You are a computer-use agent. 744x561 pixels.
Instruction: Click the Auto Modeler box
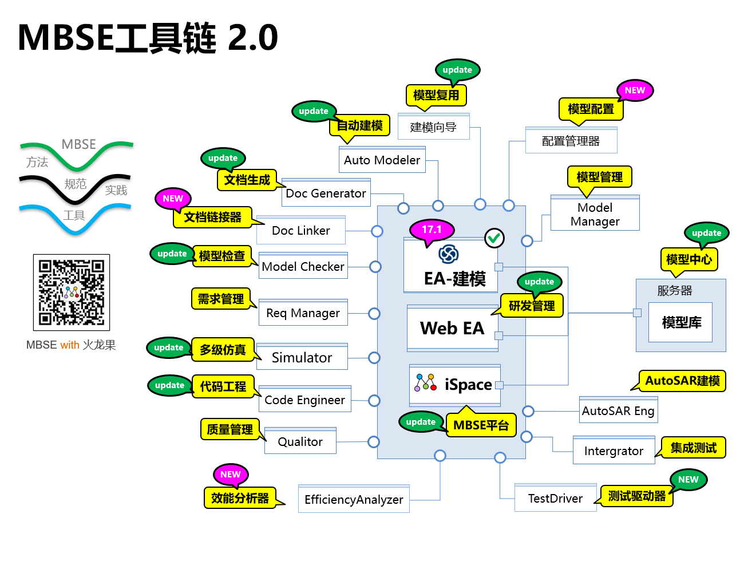click(x=382, y=160)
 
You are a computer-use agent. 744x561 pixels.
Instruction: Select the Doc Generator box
click(x=326, y=193)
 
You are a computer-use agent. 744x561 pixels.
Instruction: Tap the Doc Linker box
click(x=301, y=231)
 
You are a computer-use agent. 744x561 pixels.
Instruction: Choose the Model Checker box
click(x=303, y=267)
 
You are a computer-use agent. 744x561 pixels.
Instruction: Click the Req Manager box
click(x=303, y=313)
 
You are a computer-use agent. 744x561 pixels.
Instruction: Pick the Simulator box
click(x=302, y=358)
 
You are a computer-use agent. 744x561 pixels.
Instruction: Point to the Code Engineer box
click(x=305, y=400)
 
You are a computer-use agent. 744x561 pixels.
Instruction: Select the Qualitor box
click(x=300, y=442)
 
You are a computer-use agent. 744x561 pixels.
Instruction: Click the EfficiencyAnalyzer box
click(x=354, y=500)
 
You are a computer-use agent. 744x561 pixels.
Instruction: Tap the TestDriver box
click(x=555, y=499)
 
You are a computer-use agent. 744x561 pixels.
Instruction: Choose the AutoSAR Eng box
click(x=618, y=411)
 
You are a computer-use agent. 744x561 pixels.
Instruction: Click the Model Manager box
click(x=595, y=214)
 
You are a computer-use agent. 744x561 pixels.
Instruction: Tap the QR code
click(x=72, y=293)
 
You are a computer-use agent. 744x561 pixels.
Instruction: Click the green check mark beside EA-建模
click(x=494, y=238)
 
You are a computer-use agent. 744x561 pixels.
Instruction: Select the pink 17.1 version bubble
click(x=432, y=230)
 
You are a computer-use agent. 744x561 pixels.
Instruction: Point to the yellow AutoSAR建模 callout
click(x=682, y=381)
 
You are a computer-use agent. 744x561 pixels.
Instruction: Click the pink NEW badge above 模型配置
click(x=635, y=90)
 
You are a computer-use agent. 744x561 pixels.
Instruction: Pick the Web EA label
click(x=452, y=329)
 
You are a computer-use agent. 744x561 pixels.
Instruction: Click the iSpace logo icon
click(x=426, y=383)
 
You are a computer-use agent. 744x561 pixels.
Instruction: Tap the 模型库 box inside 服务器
click(x=680, y=323)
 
